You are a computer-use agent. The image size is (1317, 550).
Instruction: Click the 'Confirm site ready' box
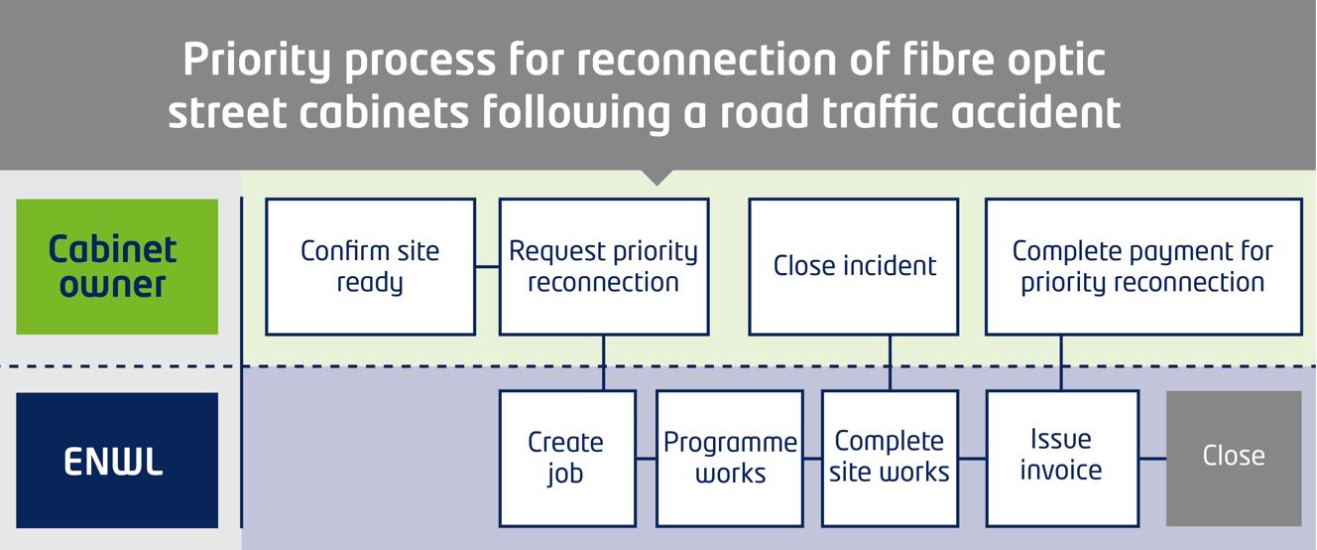tap(371, 267)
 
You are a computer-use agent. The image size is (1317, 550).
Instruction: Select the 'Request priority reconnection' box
tap(604, 267)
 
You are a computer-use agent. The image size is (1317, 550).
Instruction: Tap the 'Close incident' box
tap(854, 267)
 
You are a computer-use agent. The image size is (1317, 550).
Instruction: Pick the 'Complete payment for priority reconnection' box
tap(1143, 267)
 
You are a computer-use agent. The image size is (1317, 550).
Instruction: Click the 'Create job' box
tap(567, 458)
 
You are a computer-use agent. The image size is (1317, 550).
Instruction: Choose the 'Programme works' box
tap(730, 458)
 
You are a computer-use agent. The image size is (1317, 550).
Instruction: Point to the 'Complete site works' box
tap(890, 458)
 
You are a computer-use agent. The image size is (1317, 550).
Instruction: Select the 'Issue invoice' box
tap(1062, 458)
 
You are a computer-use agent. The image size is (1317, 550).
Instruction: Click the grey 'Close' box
tap(1234, 458)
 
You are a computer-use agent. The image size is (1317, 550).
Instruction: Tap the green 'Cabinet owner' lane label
tap(117, 267)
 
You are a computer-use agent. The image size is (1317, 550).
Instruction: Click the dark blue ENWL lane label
tap(117, 461)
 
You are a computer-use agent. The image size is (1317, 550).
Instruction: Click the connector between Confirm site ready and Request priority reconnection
tap(487, 267)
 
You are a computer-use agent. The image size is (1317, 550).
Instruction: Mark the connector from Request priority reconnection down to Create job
tap(604, 362)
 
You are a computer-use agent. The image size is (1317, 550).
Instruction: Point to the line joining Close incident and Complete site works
tap(890, 362)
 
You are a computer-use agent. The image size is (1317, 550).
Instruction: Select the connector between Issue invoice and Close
tap(1153, 458)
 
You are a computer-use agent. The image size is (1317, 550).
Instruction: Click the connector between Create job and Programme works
tap(647, 458)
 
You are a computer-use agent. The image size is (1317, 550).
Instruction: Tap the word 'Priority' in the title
tap(258, 61)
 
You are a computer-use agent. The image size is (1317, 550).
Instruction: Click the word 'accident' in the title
tap(1036, 112)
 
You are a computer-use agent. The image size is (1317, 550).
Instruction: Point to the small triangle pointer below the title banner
tap(657, 178)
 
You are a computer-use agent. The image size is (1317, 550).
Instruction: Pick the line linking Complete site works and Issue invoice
tap(973, 458)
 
